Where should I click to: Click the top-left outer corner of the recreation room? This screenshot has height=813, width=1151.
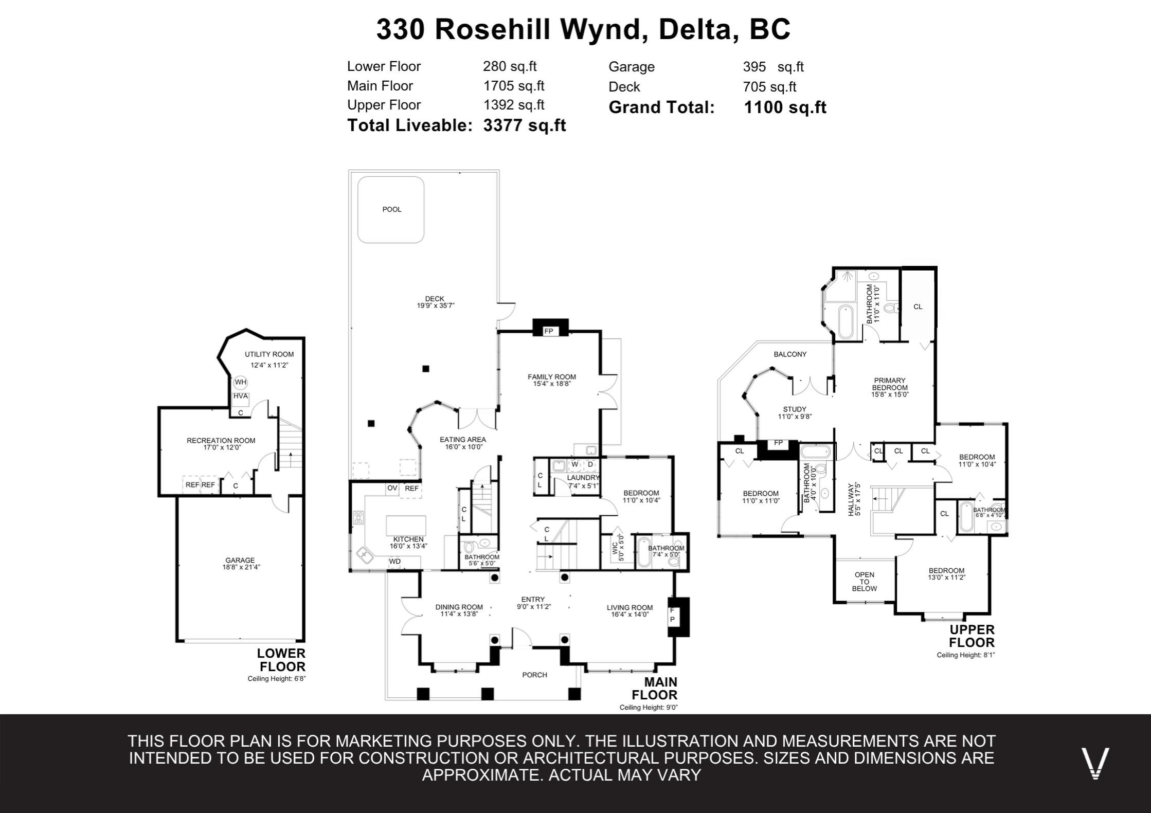(158, 408)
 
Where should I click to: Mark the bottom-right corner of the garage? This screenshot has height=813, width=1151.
(304, 641)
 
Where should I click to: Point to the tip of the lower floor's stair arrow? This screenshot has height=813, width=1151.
(292, 451)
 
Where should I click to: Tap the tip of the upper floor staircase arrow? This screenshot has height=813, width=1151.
(874, 498)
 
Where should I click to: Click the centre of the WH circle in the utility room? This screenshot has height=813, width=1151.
(241, 382)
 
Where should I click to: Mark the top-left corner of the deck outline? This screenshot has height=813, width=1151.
(349, 171)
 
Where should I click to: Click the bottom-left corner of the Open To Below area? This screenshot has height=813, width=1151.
(835, 602)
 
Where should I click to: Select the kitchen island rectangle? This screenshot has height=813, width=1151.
(406, 526)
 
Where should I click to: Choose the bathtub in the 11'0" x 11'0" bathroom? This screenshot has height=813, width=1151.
(846, 322)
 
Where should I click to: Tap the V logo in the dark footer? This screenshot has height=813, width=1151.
(1095, 763)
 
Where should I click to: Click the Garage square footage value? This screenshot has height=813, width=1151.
(773, 67)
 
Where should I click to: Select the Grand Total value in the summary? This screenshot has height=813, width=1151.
(785, 107)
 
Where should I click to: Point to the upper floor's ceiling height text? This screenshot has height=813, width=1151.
(966, 655)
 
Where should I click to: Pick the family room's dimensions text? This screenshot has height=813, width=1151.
(552, 384)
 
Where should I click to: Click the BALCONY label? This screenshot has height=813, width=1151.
(790, 354)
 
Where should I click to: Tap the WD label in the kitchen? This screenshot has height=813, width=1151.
(394, 561)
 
